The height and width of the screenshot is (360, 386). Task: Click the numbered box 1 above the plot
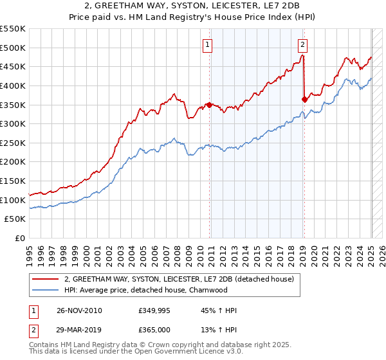point(209,44)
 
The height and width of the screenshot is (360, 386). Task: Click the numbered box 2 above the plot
point(302,44)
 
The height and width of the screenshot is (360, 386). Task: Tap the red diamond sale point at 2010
point(210,105)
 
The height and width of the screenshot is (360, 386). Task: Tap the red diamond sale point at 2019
point(304,99)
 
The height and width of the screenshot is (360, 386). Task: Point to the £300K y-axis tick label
point(14,123)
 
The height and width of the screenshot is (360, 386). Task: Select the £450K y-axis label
point(14,66)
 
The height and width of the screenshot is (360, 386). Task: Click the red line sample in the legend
point(46,279)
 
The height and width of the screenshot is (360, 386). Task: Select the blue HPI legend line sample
point(46,289)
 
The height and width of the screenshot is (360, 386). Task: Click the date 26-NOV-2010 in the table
point(78,310)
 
